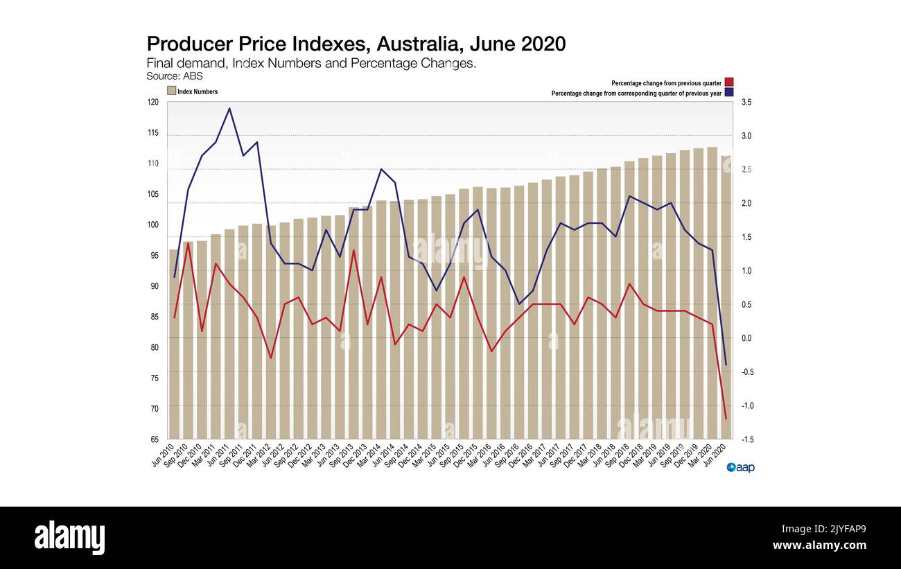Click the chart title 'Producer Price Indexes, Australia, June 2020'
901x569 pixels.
point(356,44)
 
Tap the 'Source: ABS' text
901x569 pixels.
point(175,76)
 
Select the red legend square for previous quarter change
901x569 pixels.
point(729,82)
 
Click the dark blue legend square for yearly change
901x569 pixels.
point(729,93)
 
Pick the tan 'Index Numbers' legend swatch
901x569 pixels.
point(171,91)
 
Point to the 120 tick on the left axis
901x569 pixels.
point(152,102)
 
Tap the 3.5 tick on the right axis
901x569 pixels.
point(747,102)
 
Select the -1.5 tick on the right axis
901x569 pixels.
point(747,439)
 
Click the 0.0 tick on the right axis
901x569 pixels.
point(747,338)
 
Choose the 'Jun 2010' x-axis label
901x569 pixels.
point(162,455)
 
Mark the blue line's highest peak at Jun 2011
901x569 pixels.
point(229,108)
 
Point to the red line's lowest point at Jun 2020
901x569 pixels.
point(726,419)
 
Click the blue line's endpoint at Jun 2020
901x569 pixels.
point(726,365)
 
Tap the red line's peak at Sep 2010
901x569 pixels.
point(188,243)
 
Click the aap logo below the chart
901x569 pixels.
point(740,468)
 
